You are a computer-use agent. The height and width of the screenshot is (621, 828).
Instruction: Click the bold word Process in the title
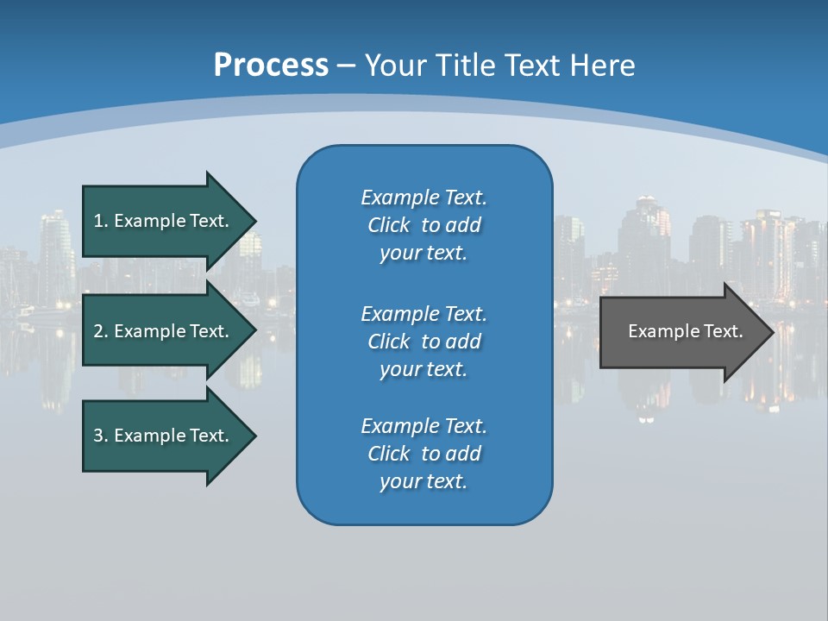click(271, 66)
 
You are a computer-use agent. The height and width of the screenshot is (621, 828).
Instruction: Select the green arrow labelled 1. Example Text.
click(164, 221)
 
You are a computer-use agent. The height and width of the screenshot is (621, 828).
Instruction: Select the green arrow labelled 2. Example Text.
click(164, 331)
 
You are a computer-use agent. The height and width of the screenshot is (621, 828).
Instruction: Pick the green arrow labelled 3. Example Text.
click(164, 436)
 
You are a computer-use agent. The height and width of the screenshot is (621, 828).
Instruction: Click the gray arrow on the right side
click(681, 332)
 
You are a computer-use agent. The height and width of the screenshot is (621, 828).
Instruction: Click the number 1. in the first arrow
click(101, 221)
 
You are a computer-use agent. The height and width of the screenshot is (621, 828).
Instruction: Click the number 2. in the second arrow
click(101, 331)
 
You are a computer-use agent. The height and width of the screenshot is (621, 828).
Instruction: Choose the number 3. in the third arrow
click(101, 436)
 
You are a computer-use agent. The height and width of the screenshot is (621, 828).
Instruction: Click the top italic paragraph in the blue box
click(423, 225)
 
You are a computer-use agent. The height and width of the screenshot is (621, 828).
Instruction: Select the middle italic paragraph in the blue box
click(423, 342)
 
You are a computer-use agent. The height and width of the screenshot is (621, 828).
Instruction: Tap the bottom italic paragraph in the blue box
click(423, 454)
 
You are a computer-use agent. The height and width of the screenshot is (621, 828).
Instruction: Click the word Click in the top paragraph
click(388, 225)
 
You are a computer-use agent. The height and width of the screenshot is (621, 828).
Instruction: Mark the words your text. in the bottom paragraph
click(423, 481)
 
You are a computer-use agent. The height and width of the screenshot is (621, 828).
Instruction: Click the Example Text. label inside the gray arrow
click(685, 331)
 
